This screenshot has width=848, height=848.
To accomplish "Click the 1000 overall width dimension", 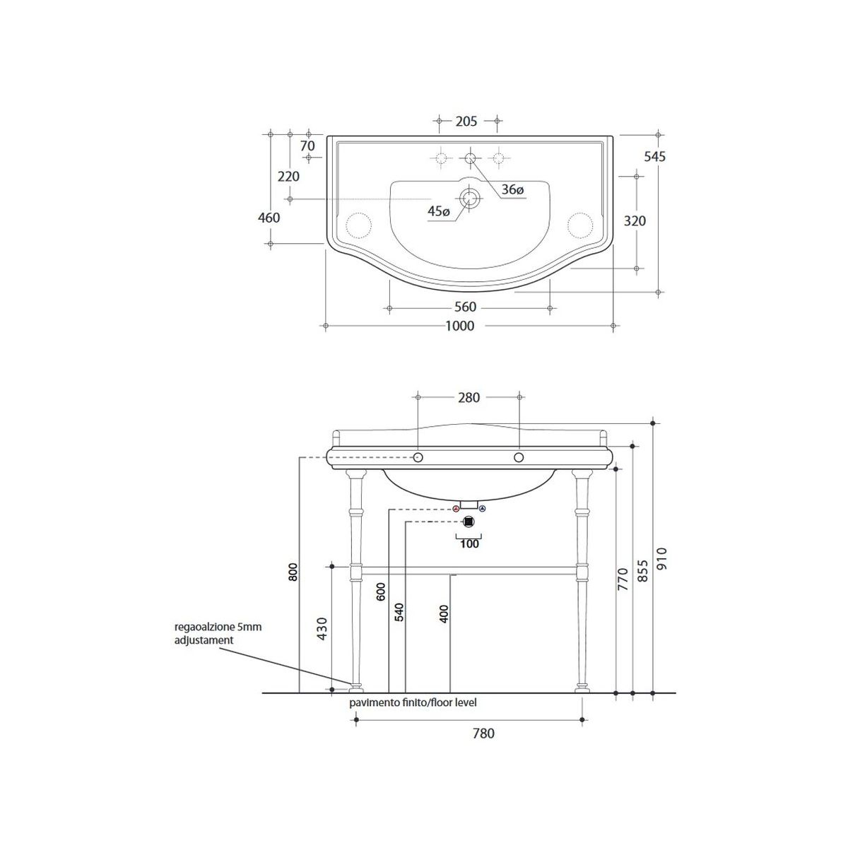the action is click(460, 326).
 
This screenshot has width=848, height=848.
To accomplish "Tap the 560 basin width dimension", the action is click(465, 307).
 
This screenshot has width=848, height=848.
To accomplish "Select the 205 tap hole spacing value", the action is click(466, 121).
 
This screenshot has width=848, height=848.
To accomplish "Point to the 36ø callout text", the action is click(512, 189).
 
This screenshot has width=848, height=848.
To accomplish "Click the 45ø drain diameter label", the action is click(439, 212).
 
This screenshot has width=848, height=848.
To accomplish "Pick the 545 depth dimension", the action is click(655, 156).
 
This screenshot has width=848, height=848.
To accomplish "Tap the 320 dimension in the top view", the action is click(635, 221).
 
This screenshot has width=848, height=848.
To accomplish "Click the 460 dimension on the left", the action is click(269, 218).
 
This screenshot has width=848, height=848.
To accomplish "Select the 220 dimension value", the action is click(288, 177).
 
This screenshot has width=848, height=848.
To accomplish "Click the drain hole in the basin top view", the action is click(469, 199).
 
